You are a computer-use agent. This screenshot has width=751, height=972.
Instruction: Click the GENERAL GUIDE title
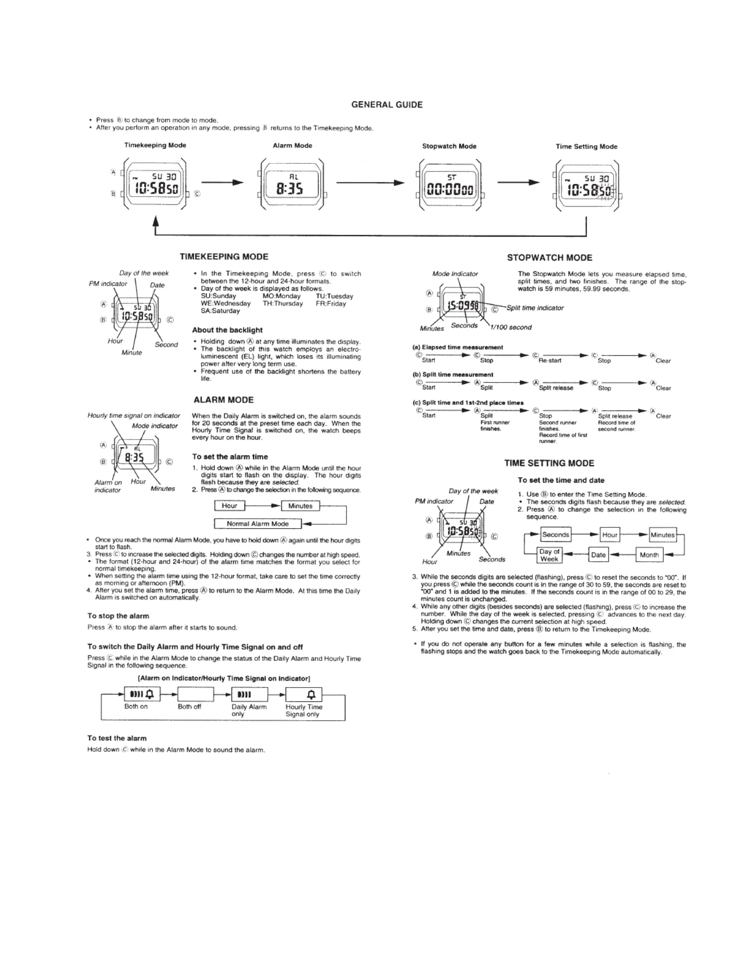387,105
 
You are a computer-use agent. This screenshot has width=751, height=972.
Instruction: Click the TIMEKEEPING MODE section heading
224,257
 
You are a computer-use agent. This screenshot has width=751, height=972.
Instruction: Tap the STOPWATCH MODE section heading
549,258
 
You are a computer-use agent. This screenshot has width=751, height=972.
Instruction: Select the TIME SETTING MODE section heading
549,463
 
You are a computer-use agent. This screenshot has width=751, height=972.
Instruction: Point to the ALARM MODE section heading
224,400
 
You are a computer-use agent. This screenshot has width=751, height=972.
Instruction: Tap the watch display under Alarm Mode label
292,184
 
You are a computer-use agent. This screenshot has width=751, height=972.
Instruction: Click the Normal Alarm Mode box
258,524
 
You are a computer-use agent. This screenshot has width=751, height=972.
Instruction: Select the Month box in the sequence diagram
649,555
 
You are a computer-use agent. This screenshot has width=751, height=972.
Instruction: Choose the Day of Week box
549,555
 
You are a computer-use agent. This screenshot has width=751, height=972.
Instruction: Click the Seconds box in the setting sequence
555,535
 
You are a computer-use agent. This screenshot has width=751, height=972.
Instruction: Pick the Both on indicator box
142,694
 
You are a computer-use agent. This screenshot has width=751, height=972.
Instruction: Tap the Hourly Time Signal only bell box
304,694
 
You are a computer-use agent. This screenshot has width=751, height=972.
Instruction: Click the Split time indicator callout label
535,308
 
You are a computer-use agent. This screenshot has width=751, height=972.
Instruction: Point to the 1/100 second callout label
511,327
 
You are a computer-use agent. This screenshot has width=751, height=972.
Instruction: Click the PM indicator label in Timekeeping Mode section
108,283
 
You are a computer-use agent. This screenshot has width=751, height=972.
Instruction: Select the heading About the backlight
227,330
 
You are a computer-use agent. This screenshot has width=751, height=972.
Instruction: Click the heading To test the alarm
117,738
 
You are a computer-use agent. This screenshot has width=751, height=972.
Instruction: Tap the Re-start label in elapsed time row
550,361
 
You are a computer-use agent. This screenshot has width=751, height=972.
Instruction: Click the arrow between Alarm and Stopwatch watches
370,183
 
